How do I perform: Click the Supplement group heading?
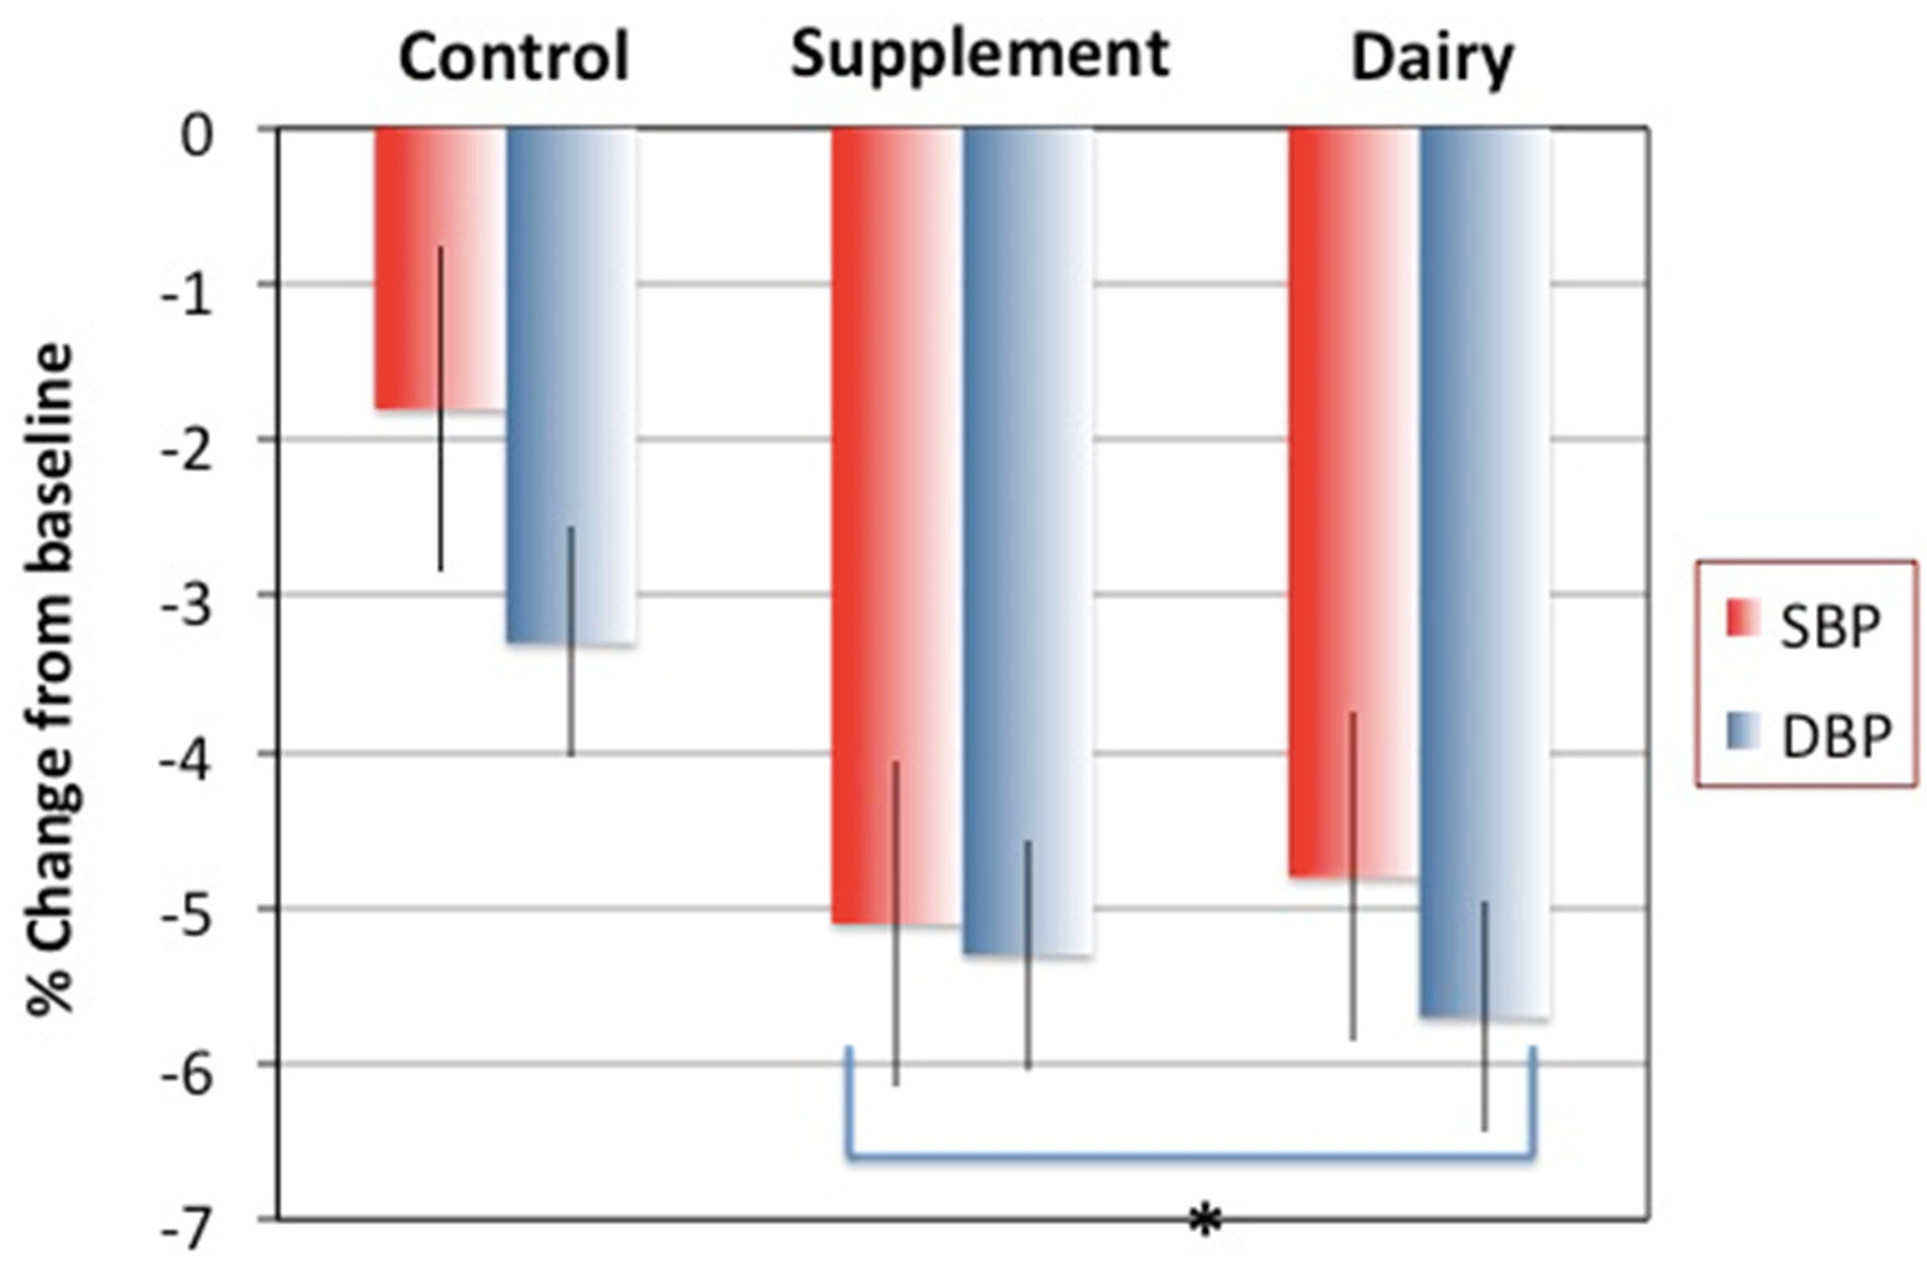pyautogui.click(x=979, y=55)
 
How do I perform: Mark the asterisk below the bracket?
pyautogui.click(x=1205, y=1222)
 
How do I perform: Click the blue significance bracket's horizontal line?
pyautogui.click(x=1190, y=1156)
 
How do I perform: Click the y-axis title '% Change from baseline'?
pyautogui.click(x=50, y=680)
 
